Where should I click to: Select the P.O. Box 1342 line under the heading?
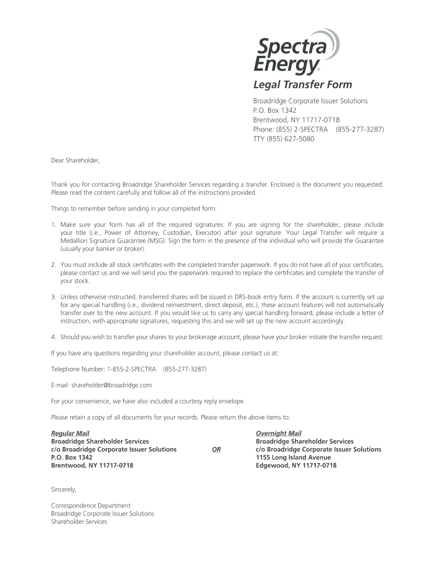(275, 110)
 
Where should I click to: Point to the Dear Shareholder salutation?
(75, 161)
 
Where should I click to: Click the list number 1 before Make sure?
(53, 225)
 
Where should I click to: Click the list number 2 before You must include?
(53, 265)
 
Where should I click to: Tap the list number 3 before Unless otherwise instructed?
(53, 297)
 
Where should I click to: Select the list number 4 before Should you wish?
(53, 337)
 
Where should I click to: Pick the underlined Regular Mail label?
(70, 433)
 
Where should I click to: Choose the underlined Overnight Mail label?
(279, 433)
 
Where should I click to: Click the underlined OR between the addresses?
(216, 450)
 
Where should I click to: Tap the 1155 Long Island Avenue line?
(293, 457)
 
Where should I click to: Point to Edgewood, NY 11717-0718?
(296, 466)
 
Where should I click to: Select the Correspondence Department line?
(90, 506)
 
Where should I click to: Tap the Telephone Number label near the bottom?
(77, 369)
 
